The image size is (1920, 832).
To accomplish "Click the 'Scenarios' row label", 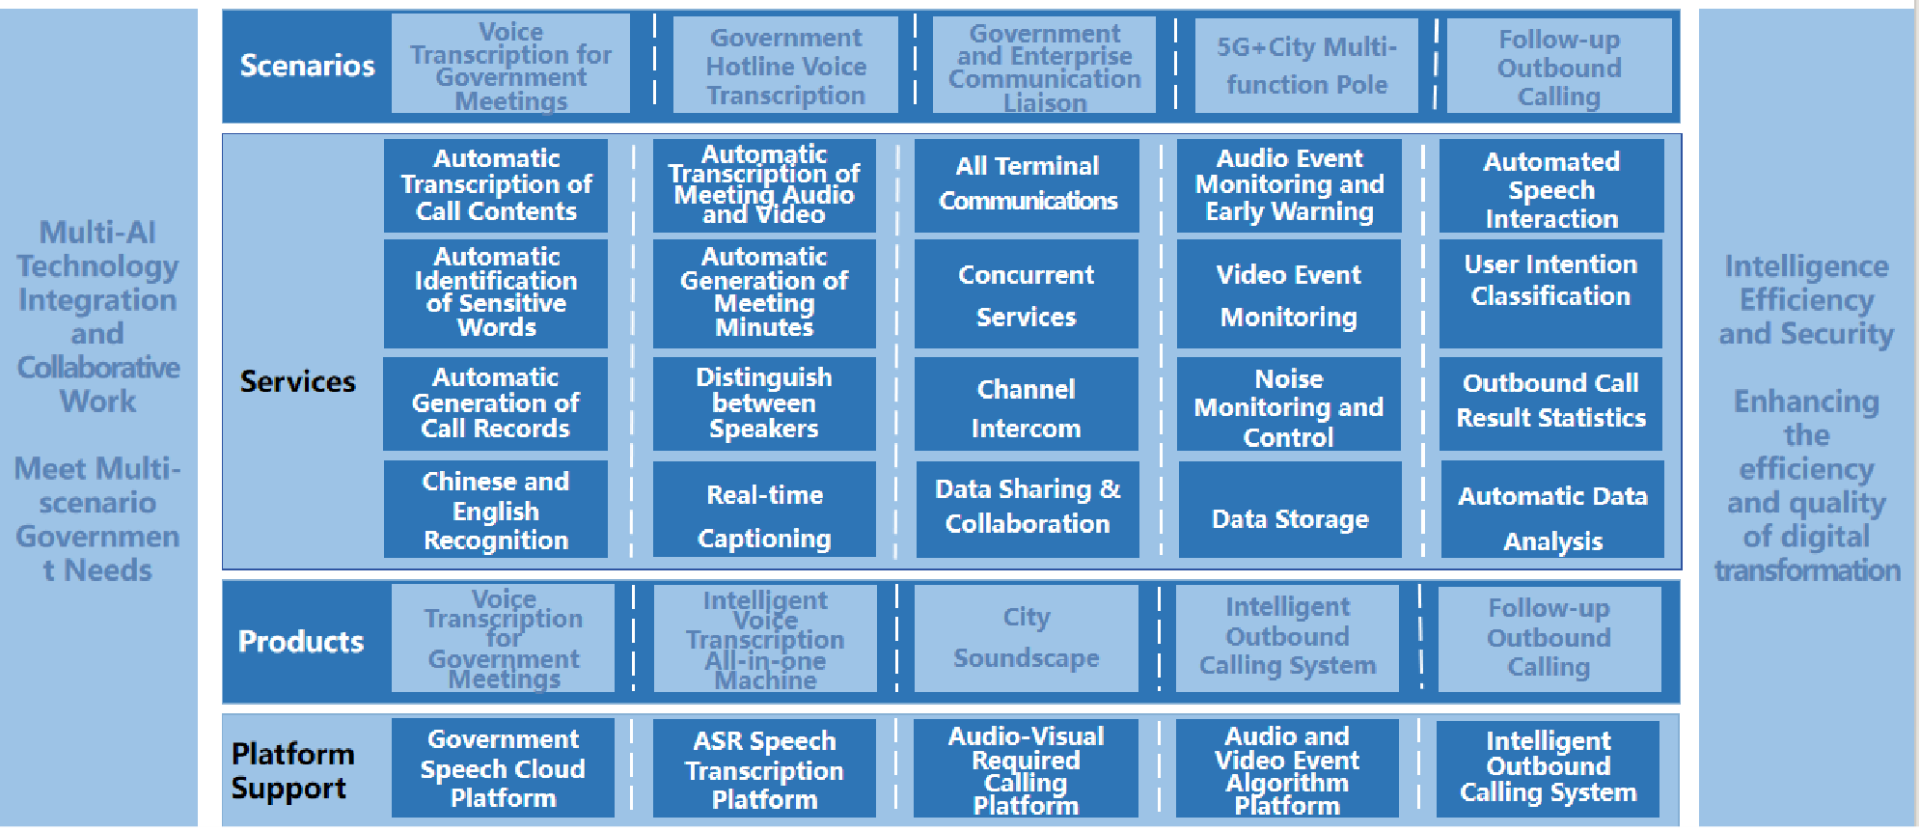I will [x=307, y=66].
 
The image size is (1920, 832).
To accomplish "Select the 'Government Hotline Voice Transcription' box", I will [x=785, y=66].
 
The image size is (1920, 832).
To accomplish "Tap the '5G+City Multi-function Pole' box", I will [x=1306, y=66].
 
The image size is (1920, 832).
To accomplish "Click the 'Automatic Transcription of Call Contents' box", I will [x=496, y=185].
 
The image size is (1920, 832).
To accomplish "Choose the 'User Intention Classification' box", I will [x=1550, y=292].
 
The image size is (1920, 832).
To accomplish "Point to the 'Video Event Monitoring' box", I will [x=1288, y=294].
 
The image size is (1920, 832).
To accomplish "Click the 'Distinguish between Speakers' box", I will [x=763, y=403].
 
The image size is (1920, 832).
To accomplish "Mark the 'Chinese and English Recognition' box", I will [x=496, y=510].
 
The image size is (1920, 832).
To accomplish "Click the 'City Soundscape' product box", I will [x=1026, y=638].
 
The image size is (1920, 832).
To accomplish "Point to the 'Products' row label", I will [x=300, y=642].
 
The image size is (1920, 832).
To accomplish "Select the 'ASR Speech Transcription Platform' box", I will [x=764, y=769].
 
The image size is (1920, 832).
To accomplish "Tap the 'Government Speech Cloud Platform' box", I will [x=503, y=768].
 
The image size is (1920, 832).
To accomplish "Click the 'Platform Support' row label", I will [x=292, y=770].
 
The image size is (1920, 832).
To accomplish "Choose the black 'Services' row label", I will [x=297, y=381].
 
